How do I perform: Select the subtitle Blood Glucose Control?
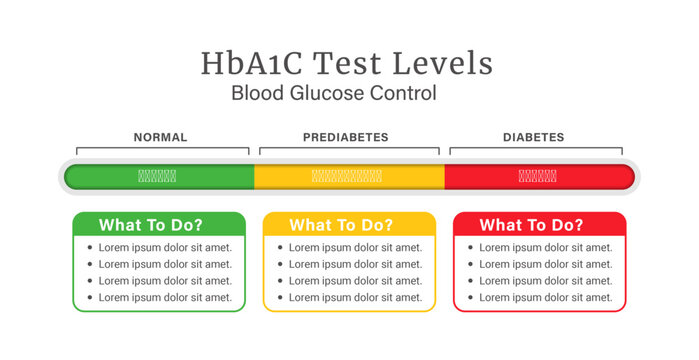[334, 94]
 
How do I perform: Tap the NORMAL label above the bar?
[160, 137]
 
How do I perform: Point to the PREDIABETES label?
[346, 137]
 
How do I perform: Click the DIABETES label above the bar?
[534, 137]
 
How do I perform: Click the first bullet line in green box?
[165, 247]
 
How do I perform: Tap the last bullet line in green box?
[165, 297]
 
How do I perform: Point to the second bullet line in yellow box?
[355, 264]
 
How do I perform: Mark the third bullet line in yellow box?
[355, 281]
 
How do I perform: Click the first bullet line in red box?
[545, 247]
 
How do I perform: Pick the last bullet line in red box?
[545, 297]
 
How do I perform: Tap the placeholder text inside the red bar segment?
[538, 176]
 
